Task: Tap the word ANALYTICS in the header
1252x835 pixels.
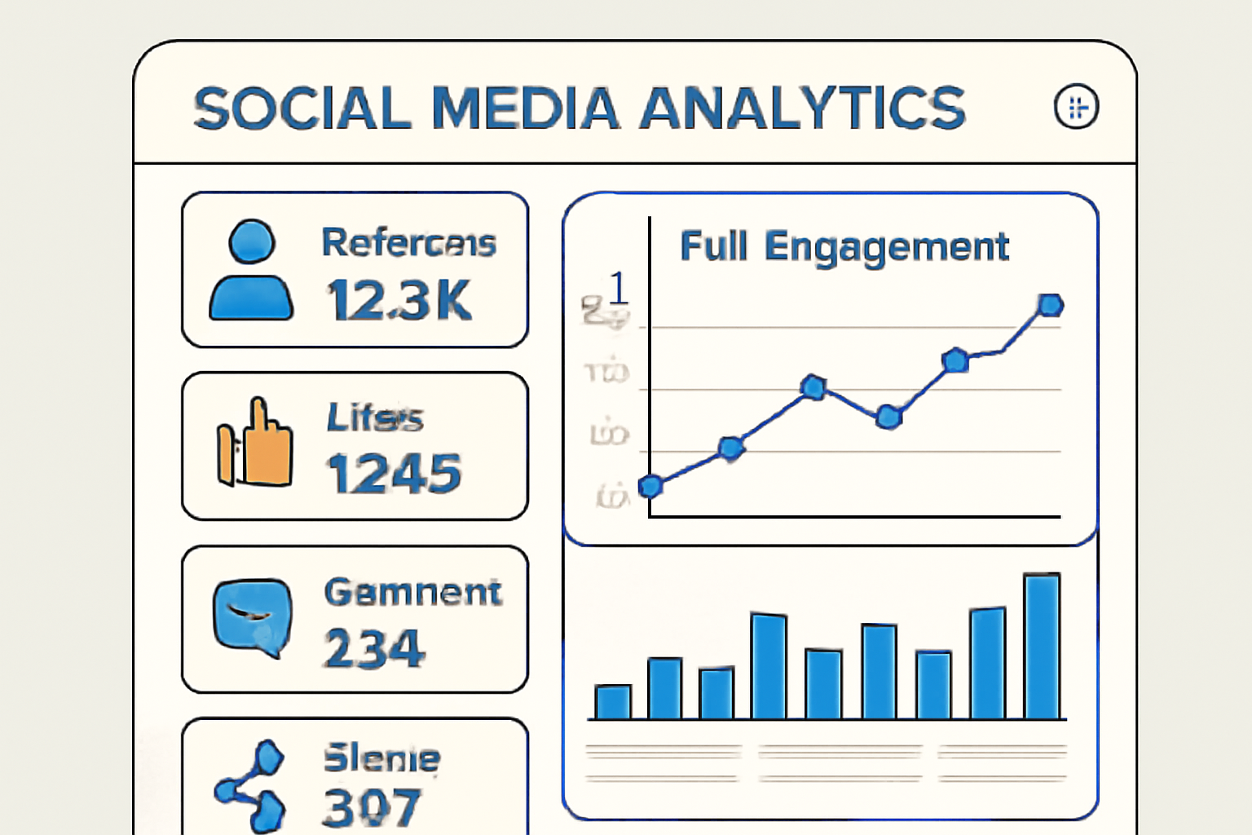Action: coord(803,108)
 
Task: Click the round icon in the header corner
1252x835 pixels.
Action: coord(1076,107)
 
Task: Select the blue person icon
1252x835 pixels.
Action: coord(251,271)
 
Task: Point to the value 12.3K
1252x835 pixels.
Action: coord(399,301)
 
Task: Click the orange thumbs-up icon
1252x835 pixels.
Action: coord(254,444)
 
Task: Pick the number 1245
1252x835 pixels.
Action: coord(395,474)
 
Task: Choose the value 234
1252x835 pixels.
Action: coord(375,649)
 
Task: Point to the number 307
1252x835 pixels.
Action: coord(372,807)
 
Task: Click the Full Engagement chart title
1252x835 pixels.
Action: coord(844,246)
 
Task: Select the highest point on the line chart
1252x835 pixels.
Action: coord(1050,305)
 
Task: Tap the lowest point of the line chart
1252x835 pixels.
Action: coord(650,487)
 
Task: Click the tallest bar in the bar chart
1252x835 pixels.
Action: coord(1042,647)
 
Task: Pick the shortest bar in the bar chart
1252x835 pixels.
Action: coord(613,702)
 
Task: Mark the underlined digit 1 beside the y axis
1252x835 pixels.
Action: coord(619,288)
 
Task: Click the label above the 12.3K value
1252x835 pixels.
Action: coord(408,243)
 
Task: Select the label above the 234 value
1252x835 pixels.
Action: coord(412,592)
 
